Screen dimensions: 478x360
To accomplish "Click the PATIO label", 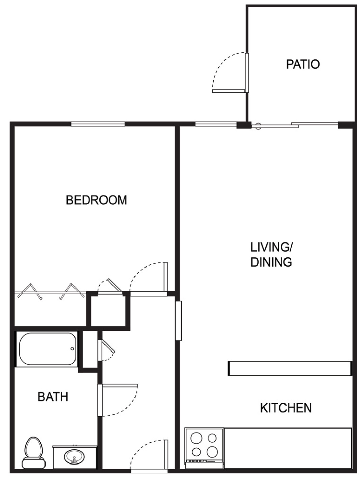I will coord(302,64).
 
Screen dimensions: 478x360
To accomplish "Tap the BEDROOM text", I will coord(96,200).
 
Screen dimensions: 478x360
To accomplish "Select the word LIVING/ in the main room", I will coord(271,247).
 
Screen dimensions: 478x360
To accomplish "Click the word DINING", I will coord(271,262).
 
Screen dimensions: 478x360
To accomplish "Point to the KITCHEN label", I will coord(286,408).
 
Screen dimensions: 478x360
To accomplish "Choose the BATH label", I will coord(53,397).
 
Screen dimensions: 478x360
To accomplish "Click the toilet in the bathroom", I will coord(34,452).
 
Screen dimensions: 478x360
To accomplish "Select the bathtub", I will coord(47,349).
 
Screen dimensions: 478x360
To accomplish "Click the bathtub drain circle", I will coord(72,349).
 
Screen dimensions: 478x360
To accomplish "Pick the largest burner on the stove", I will coord(212,451).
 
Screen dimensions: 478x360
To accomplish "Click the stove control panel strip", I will coord(204,461).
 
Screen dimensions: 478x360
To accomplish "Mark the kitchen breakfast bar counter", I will coord(290,368).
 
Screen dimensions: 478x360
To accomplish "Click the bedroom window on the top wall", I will coord(98,124).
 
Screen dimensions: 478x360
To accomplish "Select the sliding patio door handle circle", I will coord(258,126).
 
